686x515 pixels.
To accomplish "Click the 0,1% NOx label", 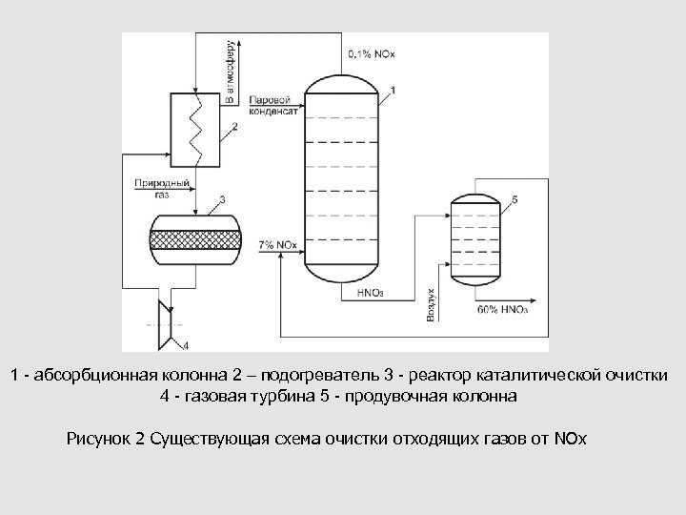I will tap(373, 53).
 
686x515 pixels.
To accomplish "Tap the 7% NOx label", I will tap(277, 246).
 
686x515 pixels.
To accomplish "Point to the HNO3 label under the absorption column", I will tap(372, 293).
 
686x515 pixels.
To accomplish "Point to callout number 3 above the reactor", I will tap(222, 199).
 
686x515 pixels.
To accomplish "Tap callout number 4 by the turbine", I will tap(185, 344).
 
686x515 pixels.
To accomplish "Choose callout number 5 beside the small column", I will tap(514, 198).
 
